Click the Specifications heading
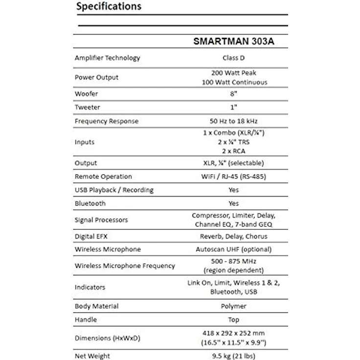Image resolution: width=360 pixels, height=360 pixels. click(109, 7)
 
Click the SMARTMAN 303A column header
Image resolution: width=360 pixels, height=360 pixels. click(234, 42)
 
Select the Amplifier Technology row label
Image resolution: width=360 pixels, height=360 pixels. click(107, 58)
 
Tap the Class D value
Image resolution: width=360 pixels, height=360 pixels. click(234, 58)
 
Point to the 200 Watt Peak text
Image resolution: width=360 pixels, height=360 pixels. click(234, 72)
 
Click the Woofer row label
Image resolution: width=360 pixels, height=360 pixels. click(86, 93)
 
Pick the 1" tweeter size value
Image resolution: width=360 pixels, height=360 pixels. click(234, 107)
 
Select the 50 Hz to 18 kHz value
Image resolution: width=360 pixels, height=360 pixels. click(234, 121)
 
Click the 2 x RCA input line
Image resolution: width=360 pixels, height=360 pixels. click(234, 151)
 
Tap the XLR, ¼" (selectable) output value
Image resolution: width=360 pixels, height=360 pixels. click(234, 163)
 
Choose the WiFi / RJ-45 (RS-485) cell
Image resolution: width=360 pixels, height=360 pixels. click(234, 177)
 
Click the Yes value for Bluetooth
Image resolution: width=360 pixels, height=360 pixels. click(234, 203)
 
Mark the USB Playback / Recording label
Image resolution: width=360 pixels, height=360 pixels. click(114, 190)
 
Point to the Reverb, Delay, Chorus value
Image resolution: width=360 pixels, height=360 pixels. click(234, 236)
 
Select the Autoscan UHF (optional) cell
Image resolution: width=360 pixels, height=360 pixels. click(234, 249)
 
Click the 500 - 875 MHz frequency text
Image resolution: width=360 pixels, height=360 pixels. click(234, 261)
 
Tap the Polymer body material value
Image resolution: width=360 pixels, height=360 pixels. click(234, 306)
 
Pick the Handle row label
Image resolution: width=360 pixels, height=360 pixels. click(86, 319)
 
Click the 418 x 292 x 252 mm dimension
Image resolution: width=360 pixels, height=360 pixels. click(234, 333)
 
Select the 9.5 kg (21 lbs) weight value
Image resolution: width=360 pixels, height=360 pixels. click(234, 356)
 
